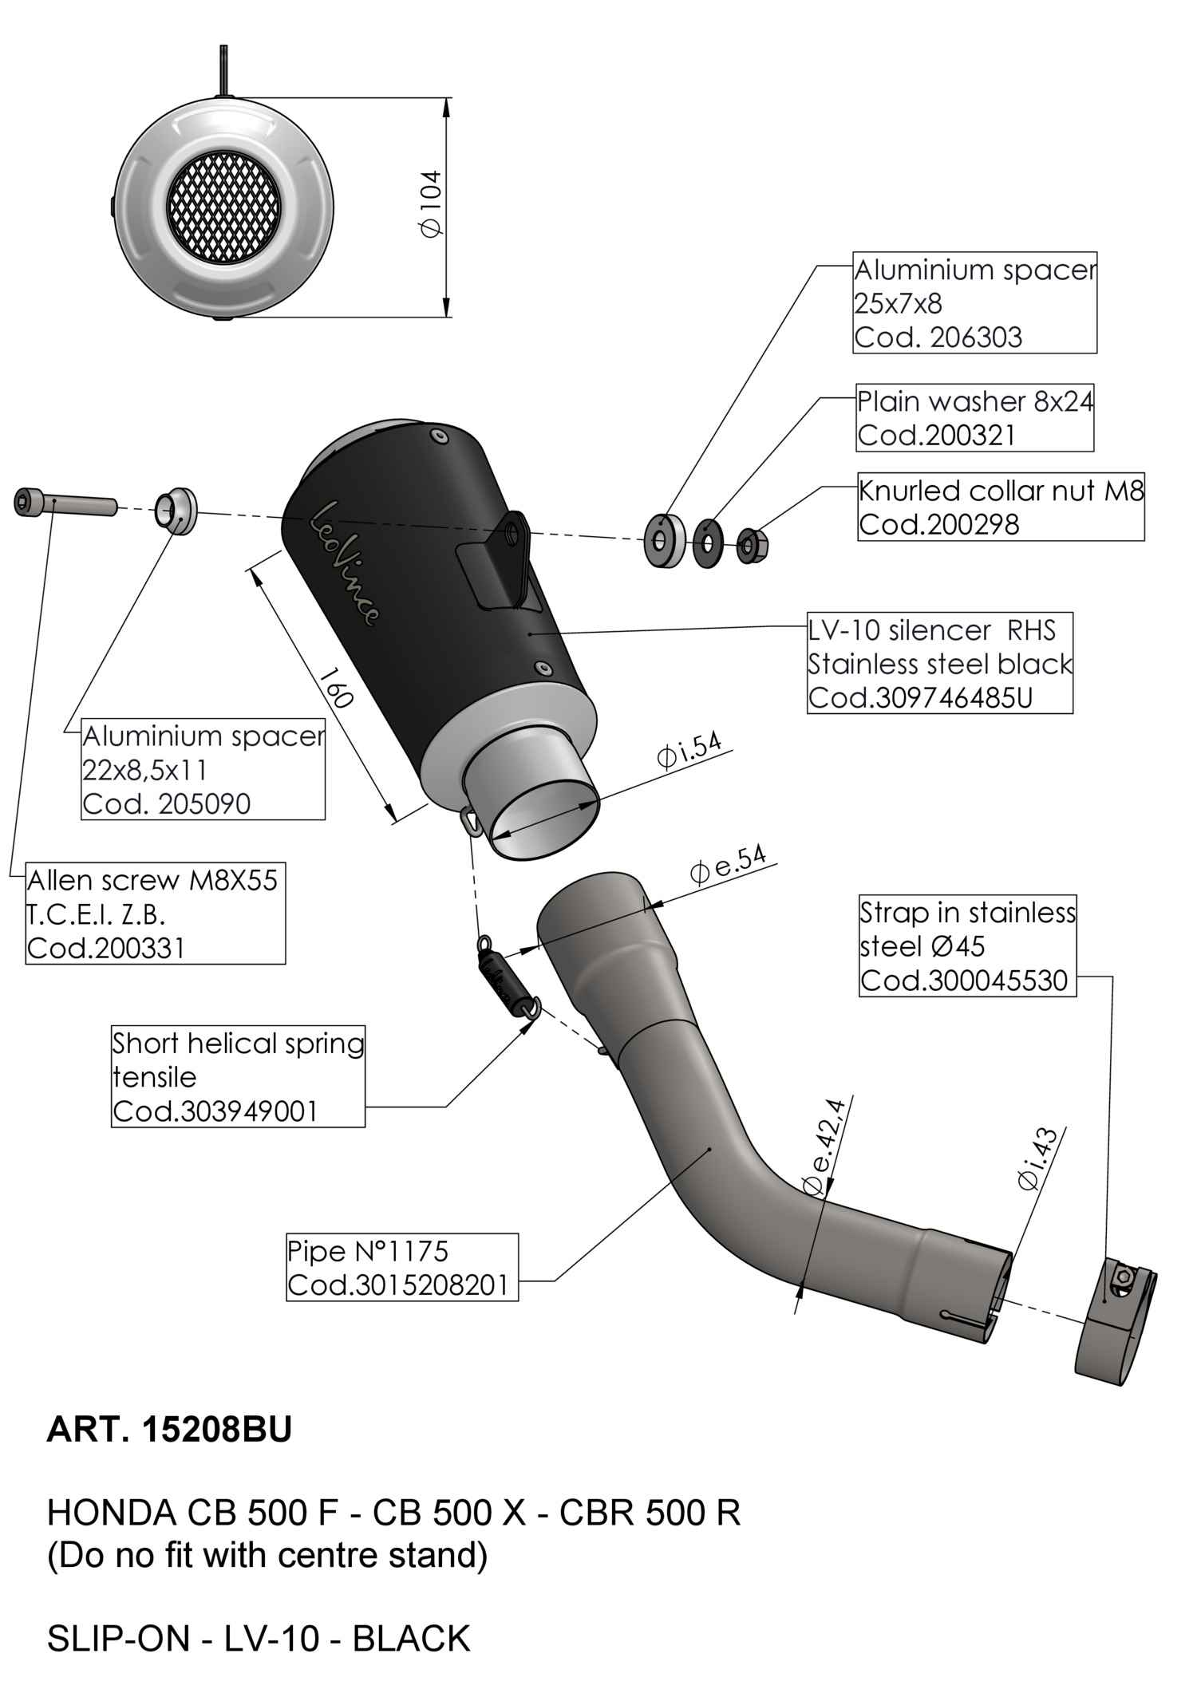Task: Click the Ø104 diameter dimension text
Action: pos(430,204)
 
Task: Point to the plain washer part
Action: pos(708,543)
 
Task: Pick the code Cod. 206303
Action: pos(938,337)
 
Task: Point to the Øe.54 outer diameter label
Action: pos(727,866)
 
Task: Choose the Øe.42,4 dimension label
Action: pos(824,1148)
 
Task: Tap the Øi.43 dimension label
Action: pos(1037,1159)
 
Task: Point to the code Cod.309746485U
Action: pos(920,698)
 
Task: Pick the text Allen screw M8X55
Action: pos(152,881)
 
